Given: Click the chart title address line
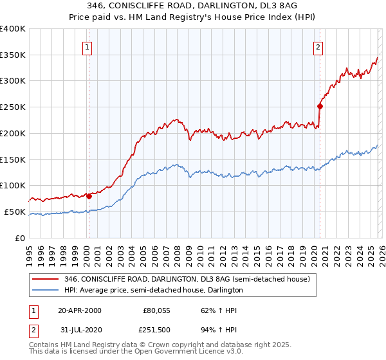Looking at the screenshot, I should click(192, 6).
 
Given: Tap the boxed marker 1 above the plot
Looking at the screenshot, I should click(87, 46).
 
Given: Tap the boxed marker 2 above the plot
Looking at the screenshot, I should click(318, 46).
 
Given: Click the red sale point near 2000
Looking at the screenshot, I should click(89, 196).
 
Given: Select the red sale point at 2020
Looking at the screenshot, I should click(320, 106).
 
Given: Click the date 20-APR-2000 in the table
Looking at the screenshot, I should click(79, 310).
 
